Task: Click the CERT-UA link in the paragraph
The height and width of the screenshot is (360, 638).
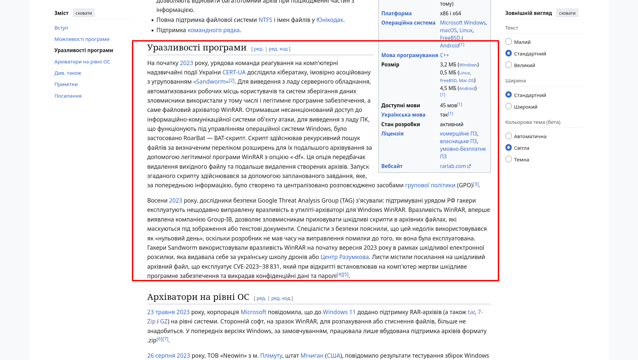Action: click(234, 72)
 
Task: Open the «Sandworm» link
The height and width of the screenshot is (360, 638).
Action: click(211, 82)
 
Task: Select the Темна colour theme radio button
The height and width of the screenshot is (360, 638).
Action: click(508, 159)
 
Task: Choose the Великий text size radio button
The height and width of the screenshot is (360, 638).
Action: click(508, 65)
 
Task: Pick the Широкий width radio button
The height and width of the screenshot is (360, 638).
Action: click(508, 107)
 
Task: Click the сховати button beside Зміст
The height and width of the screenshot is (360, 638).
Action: click(83, 13)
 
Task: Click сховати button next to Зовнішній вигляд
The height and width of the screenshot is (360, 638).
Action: click(567, 13)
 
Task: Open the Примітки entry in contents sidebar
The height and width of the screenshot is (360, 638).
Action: click(66, 84)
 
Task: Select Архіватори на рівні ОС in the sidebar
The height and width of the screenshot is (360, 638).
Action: click(82, 62)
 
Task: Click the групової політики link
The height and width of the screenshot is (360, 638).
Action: click(430, 185)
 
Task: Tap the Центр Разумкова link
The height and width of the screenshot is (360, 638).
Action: click(344, 257)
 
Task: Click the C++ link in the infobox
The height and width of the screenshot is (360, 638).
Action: click(444, 55)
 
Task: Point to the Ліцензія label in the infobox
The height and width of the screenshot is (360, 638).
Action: click(392, 134)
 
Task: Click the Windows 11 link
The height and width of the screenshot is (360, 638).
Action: click(339, 312)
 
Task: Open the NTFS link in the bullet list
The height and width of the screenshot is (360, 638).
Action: click(265, 20)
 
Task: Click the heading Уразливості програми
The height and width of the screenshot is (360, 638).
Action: click(197, 48)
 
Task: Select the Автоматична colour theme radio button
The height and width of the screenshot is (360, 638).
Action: click(508, 136)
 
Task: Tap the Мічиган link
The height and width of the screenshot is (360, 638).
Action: click(312, 356)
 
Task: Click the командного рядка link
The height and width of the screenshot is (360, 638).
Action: click(213, 30)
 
